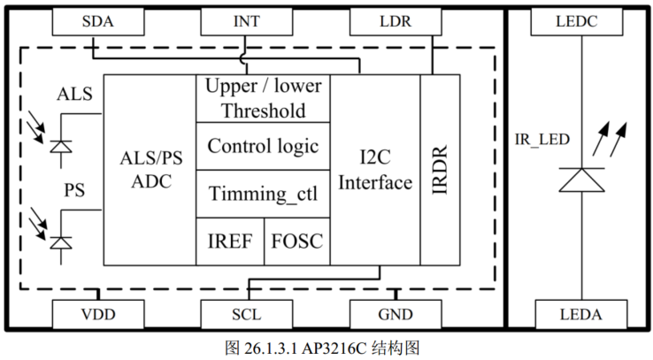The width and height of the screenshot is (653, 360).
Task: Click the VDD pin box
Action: tap(96, 314)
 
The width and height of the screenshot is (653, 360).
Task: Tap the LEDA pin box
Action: tap(580, 314)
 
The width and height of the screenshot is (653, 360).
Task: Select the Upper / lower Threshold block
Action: tap(263, 99)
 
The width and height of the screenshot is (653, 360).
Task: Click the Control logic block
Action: tap(263, 147)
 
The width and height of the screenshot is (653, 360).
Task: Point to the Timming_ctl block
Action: tap(263, 194)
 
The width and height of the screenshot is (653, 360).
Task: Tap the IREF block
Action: tap(229, 241)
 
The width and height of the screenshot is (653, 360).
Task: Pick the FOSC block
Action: tap(297, 241)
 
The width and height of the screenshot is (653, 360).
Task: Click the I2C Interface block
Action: tap(376, 170)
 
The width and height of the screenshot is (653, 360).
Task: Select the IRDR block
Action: tap(441, 170)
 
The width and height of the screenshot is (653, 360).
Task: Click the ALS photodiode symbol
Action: tap(60, 145)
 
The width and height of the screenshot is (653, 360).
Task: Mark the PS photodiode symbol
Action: tap(60, 241)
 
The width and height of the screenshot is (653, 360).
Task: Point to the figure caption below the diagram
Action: tap(326, 346)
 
